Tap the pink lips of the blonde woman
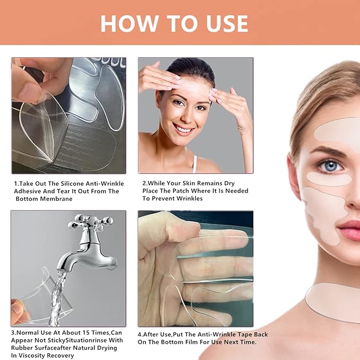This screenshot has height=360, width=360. click(349, 230)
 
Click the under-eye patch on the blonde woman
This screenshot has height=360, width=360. click(329, 179)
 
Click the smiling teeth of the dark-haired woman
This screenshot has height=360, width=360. click(183, 129)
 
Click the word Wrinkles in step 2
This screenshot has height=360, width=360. click(188, 198)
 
